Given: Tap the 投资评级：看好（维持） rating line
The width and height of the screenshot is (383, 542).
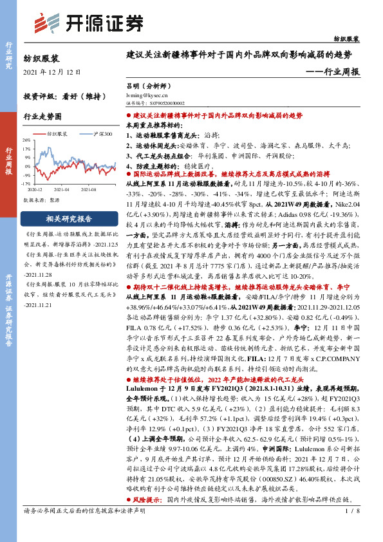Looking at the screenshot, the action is coord(64,95).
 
